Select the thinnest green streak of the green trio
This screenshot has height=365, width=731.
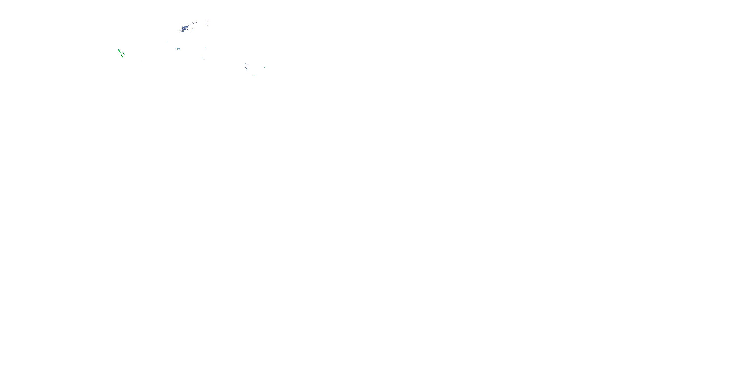tap(124, 54)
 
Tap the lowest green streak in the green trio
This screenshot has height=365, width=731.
tap(122, 56)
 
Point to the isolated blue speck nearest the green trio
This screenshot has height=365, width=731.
tap(142, 61)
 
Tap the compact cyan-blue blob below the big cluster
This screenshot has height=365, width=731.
tap(179, 49)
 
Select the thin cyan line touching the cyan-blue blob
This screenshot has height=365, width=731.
tap(177, 49)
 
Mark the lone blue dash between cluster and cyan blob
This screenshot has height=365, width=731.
tap(167, 42)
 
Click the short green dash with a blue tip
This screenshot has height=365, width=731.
tap(205, 47)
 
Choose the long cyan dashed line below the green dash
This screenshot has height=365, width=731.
tap(202, 58)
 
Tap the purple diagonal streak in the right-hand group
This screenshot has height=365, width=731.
tap(246, 67)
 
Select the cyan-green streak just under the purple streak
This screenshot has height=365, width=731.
tap(247, 69)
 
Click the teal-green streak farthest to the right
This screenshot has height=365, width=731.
tap(265, 67)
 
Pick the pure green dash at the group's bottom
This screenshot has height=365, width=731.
tap(254, 75)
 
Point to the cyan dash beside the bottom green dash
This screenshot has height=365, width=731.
tap(253, 75)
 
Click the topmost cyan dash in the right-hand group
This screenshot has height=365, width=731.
tap(245, 64)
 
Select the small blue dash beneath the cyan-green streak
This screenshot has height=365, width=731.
tap(248, 70)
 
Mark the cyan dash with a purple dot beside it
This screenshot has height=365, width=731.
tap(247, 65)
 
